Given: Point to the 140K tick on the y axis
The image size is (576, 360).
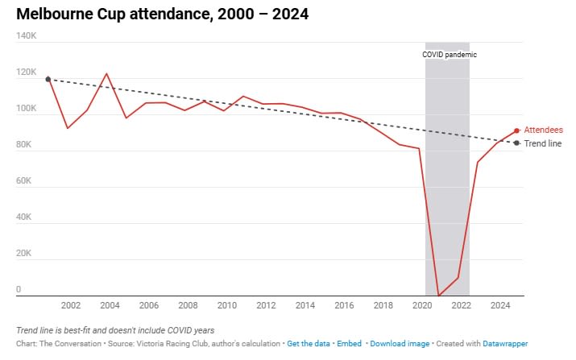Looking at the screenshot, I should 26,36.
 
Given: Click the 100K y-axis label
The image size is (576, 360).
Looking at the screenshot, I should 26,109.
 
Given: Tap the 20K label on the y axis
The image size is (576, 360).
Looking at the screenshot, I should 24,254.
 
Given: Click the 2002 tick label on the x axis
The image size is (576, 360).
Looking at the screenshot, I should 70,306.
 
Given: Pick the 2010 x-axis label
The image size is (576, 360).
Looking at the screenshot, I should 227,306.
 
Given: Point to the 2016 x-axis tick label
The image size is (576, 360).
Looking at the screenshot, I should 344,306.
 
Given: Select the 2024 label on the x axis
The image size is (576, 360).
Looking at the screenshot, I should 500,306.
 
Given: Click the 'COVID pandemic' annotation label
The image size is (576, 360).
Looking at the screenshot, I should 450,55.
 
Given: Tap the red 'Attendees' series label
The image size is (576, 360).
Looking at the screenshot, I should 543,130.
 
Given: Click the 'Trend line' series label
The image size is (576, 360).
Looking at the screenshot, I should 543,143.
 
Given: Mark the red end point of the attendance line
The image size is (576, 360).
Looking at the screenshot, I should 516,130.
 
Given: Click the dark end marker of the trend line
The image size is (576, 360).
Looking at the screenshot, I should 516,143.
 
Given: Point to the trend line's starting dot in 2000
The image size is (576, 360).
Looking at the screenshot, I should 48,79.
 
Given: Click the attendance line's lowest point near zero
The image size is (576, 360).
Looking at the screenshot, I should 438,296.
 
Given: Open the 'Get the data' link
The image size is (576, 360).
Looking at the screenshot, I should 309,344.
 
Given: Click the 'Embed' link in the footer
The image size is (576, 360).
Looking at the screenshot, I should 349,344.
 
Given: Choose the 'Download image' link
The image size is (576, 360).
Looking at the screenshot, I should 400,344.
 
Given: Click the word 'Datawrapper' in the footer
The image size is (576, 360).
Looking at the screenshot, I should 504,344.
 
